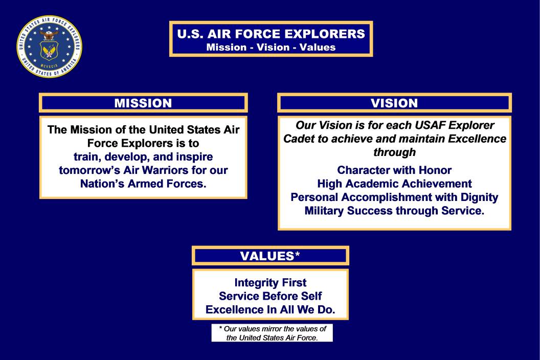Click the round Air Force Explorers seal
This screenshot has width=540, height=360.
tap(49, 47)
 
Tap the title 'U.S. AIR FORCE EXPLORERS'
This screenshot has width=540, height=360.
tap(271, 34)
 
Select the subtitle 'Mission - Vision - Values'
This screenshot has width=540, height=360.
tap(271, 47)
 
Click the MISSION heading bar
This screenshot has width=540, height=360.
tap(143, 103)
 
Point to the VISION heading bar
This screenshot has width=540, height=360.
tap(394, 103)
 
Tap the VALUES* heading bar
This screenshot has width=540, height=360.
tap(271, 256)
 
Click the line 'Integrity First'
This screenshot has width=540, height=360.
tap(271, 282)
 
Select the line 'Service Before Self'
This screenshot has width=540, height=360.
tap(271, 296)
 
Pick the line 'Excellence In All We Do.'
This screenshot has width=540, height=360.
tap(271, 309)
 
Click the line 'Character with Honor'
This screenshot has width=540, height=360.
tap(394, 170)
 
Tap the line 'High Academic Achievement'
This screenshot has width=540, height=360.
tap(394, 183)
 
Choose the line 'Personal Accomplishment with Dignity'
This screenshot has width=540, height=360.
tap(394, 197)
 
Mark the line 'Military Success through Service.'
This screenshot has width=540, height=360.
tap(394, 211)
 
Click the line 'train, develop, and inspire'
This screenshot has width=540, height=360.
tap(143, 157)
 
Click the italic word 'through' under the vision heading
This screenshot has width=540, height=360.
tap(395, 152)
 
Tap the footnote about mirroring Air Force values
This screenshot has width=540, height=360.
tap(272, 333)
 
